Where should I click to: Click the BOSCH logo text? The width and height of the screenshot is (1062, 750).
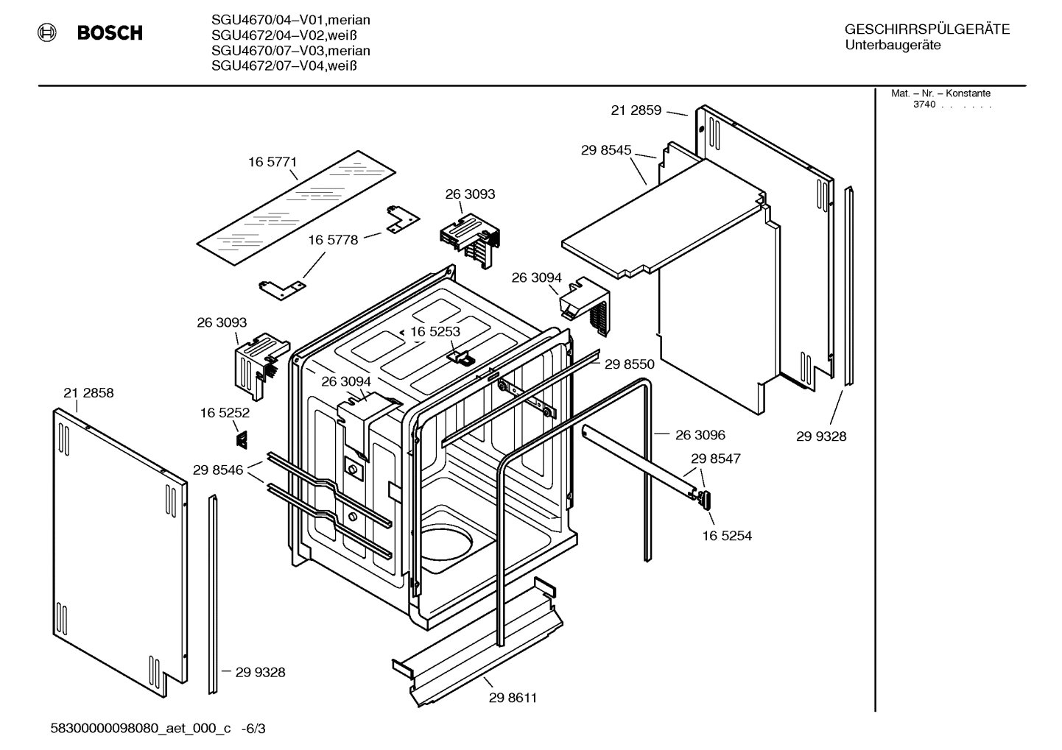[x=110, y=33]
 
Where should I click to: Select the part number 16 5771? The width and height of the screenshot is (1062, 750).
[x=272, y=162]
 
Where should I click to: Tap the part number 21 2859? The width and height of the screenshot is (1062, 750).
[x=636, y=110]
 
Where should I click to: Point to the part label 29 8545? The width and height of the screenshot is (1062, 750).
[x=605, y=150]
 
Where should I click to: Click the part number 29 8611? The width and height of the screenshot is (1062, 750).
[x=513, y=698]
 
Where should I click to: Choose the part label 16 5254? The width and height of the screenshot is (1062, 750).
[x=726, y=536]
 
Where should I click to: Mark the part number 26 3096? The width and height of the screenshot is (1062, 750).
[x=700, y=435]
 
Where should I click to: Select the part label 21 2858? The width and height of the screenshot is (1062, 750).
[x=88, y=393]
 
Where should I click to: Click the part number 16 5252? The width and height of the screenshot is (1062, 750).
[x=225, y=414]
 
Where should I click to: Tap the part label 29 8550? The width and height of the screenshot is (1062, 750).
[x=629, y=364]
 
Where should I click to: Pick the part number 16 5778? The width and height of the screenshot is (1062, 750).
[x=332, y=240]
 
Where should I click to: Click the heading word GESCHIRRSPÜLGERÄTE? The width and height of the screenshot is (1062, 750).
[x=926, y=29]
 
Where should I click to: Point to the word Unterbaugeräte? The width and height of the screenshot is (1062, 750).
[x=892, y=46]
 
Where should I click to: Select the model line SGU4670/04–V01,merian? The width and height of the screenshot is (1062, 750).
[x=290, y=20]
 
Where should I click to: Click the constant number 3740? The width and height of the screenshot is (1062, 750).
[x=924, y=105]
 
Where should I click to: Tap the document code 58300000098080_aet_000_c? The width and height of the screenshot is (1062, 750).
[x=140, y=729]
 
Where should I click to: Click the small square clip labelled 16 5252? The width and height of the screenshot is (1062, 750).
[x=241, y=439]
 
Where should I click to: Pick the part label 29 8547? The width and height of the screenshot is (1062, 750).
[x=715, y=459]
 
